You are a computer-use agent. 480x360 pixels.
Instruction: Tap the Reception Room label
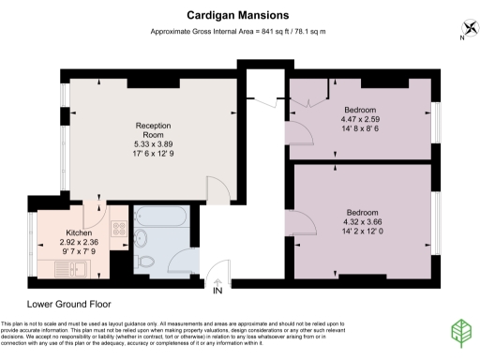[153, 129]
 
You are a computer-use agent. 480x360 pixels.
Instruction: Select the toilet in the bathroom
[145, 260]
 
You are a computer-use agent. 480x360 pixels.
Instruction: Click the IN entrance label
[218, 291]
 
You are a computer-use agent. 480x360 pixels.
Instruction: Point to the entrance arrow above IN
[218, 280]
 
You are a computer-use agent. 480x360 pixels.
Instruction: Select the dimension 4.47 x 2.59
[359, 120]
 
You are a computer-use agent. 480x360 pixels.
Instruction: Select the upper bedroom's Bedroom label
[359, 109]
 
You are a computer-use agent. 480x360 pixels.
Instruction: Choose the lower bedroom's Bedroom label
[364, 210]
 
